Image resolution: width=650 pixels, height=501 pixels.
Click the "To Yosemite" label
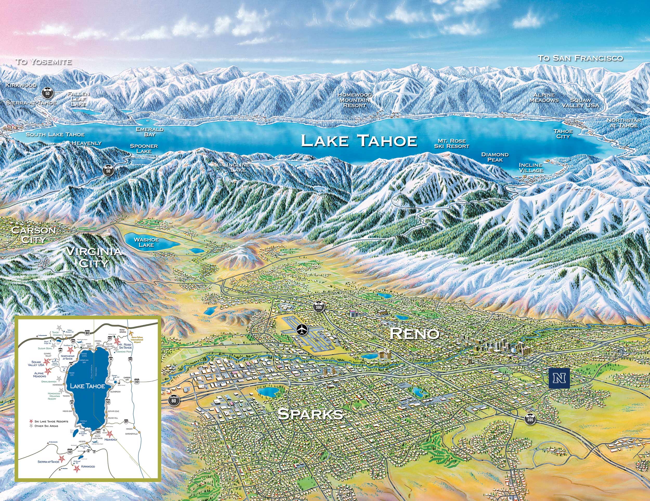tap(43, 62)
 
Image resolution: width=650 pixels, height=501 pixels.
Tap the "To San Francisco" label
tap(580, 58)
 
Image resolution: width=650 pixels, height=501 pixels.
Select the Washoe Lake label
tap(146, 242)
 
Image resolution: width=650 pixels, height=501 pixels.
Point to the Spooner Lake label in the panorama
tap(144, 148)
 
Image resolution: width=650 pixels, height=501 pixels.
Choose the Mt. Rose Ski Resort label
tap(451, 144)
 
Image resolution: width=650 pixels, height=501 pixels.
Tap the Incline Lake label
tap(238, 167)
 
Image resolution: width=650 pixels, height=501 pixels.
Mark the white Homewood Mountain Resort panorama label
tap(354, 100)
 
